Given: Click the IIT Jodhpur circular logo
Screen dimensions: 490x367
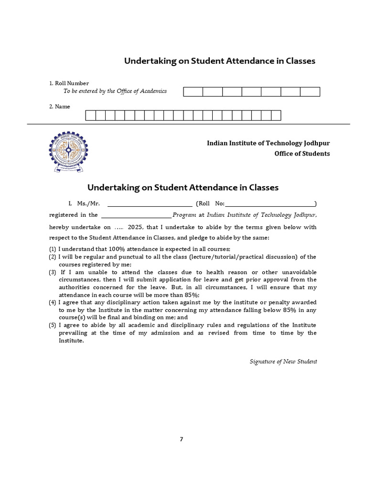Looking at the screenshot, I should (x=68, y=151).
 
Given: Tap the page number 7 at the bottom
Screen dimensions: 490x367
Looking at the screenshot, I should (x=182, y=439).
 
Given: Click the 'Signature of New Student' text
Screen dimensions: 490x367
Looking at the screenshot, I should (x=283, y=361).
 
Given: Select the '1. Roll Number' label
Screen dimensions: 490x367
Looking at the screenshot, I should (x=69, y=83).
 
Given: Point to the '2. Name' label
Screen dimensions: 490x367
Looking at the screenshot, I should (x=60, y=107).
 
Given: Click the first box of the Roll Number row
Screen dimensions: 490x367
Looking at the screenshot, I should (x=193, y=92).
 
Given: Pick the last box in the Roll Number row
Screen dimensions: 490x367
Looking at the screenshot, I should (x=310, y=92).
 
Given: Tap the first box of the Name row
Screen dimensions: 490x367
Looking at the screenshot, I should (x=90, y=115).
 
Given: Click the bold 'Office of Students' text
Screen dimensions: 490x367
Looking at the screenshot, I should (x=302, y=154).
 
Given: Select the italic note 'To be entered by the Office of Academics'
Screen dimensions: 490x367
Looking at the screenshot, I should (x=115, y=91).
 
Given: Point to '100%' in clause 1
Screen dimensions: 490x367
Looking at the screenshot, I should (x=118, y=249).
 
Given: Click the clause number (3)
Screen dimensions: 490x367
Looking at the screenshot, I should (x=53, y=272).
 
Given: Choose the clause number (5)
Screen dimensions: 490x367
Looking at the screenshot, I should (x=53, y=325).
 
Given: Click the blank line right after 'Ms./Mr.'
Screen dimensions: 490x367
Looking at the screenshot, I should (x=150, y=204).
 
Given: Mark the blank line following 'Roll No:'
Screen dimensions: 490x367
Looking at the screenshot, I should (x=270, y=204).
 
